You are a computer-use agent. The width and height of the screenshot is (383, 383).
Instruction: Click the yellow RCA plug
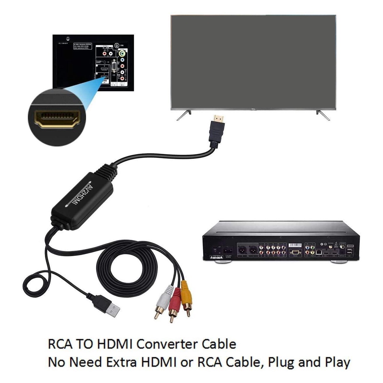click(x=186, y=294)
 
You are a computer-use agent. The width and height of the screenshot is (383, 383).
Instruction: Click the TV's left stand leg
click(x=184, y=115)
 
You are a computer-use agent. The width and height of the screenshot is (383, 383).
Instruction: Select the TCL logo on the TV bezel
click(x=253, y=109)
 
